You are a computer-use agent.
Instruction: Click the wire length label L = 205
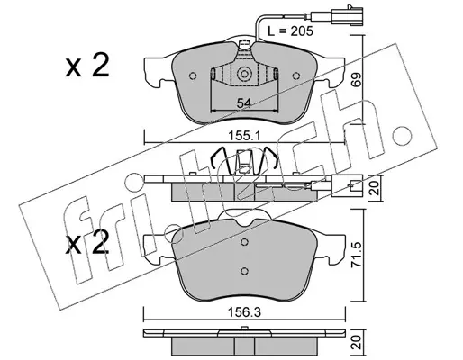click(290, 31)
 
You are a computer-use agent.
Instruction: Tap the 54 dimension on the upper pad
click(243, 103)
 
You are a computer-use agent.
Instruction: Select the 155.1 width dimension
click(244, 137)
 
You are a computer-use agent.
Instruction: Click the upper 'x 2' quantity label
click(87, 66)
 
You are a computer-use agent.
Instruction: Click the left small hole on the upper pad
click(193, 76)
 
